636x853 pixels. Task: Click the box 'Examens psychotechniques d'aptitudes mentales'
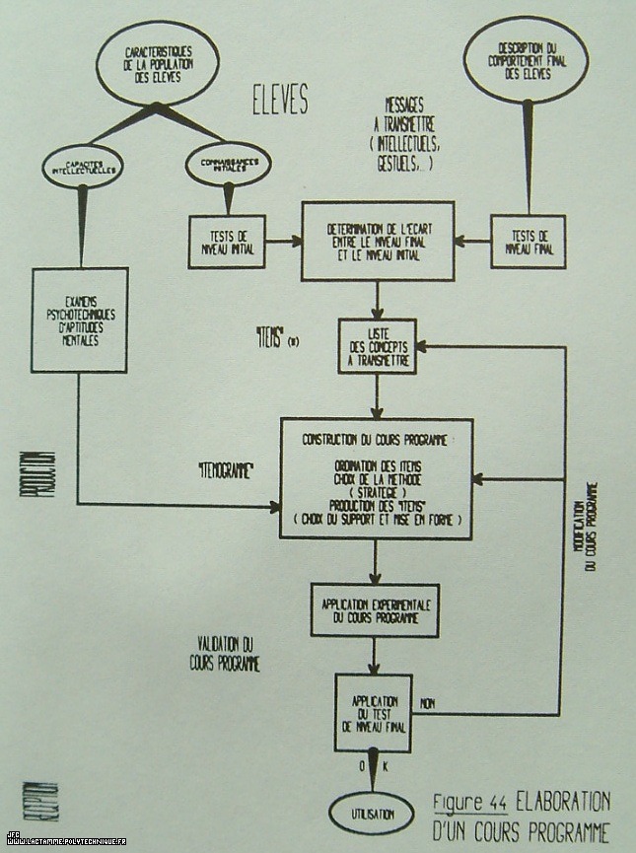(x=79, y=320)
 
